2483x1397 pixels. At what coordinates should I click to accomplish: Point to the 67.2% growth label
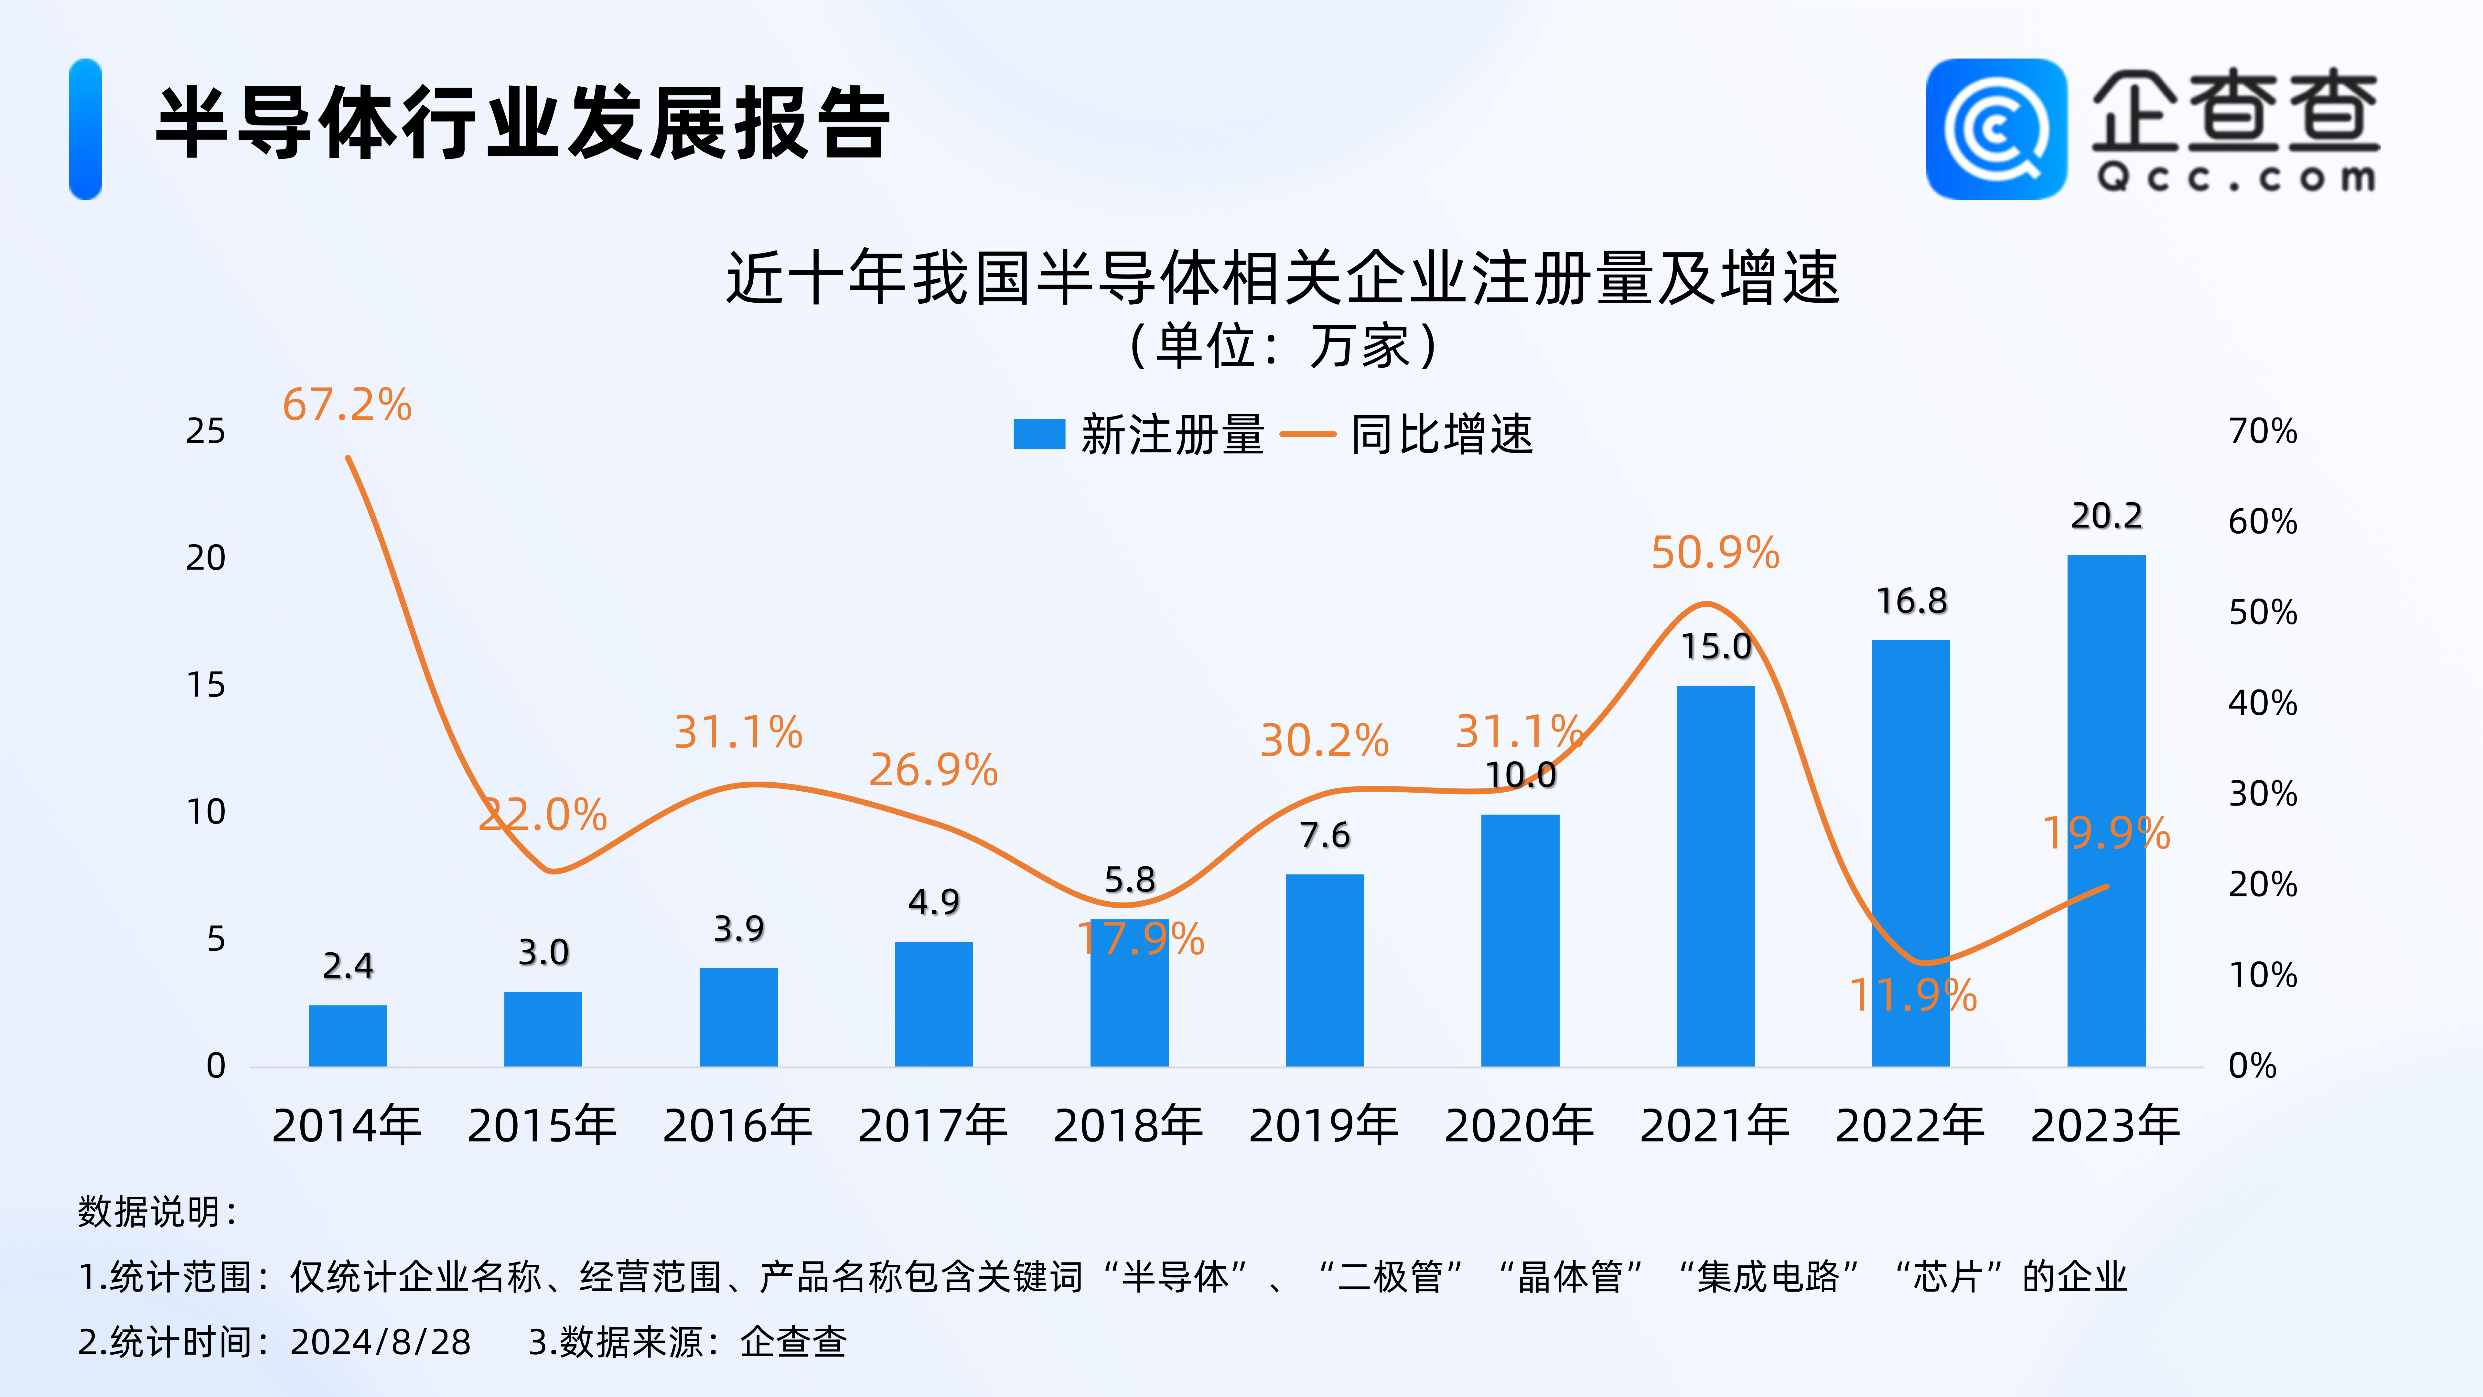(347, 405)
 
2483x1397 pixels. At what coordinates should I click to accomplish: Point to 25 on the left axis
(205, 431)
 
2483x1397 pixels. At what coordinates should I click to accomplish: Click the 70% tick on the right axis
(2262, 431)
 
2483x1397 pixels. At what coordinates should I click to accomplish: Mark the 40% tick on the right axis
(2262, 703)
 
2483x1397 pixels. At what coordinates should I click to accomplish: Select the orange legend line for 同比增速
(1307, 434)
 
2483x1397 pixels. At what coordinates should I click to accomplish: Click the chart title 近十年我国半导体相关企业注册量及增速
(1282, 279)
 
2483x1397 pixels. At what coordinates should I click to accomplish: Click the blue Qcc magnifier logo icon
(1995, 129)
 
